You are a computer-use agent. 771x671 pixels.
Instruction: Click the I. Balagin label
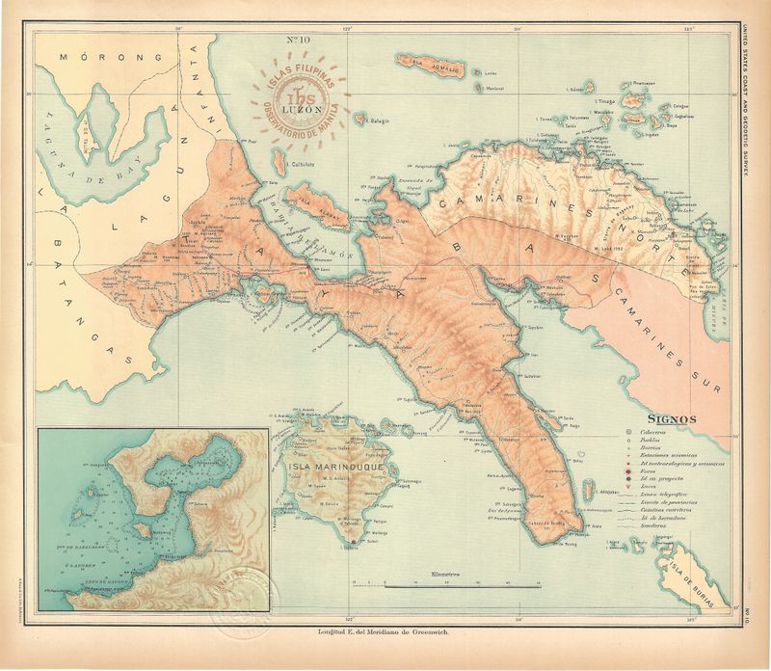[374, 121]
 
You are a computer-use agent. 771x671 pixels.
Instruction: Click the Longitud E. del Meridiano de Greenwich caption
[385, 632]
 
